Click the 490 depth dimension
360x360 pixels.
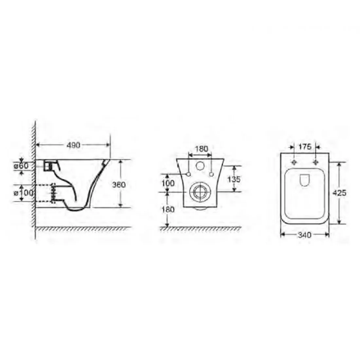(x=73, y=145)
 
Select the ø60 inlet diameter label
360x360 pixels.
(x=21, y=166)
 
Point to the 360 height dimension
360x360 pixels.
(x=119, y=184)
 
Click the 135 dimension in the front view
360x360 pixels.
(x=234, y=179)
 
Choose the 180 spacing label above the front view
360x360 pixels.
(x=201, y=149)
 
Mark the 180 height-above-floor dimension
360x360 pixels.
(x=168, y=209)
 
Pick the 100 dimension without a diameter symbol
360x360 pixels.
(x=168, y=183)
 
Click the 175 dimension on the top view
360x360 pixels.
(x=305, y=147)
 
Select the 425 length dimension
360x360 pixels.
(x=339, y=193)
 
